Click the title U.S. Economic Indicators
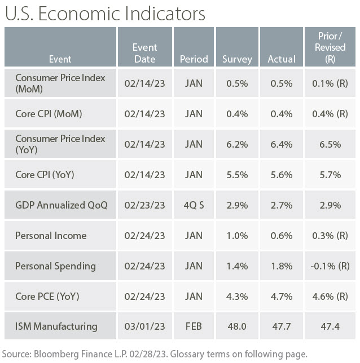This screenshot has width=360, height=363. coord(104,14)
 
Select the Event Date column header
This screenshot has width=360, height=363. coord(144,53)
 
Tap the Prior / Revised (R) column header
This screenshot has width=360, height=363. coord(330,48)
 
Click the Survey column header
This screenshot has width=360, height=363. coord(237,59)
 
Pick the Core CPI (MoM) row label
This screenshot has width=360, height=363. coord(49,113)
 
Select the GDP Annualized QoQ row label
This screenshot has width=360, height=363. coord(61,205)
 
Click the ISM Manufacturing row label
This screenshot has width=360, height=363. coord(56,326)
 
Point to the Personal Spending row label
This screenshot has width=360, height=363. coord(55,265)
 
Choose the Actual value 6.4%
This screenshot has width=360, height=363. coord(281,144)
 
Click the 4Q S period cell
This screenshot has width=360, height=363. coord(194,205)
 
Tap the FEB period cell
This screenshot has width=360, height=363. coord(194,326)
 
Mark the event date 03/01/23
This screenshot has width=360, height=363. coord(144,326)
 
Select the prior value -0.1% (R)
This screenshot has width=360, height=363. coord(330,265)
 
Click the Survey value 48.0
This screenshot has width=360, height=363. coord(237,326)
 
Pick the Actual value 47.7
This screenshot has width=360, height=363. coord(281,326)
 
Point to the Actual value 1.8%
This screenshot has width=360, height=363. coord(281,265)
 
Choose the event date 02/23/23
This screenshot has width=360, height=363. coord(144,205)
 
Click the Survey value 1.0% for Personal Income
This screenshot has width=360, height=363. coord(237,235)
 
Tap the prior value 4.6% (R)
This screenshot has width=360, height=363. coord(330,295)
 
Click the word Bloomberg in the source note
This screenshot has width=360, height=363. coord(60,354)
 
